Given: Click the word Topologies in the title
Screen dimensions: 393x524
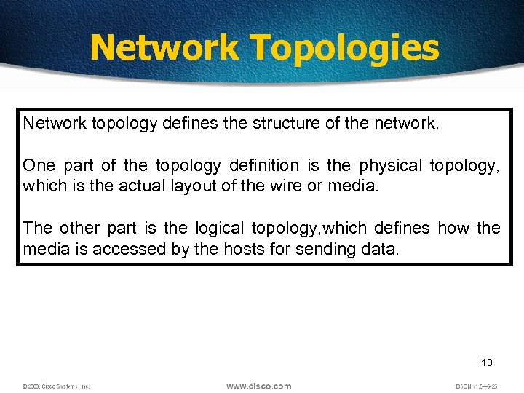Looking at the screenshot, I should (x=345, y=49).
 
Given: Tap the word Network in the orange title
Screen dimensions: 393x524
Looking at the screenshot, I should (x=164, y=47).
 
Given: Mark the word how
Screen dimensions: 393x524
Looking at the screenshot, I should (x=454, y=228).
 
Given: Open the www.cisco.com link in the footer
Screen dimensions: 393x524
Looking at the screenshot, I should (x=258, y=386).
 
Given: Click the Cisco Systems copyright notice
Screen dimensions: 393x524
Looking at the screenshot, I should (x=56, y=386).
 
